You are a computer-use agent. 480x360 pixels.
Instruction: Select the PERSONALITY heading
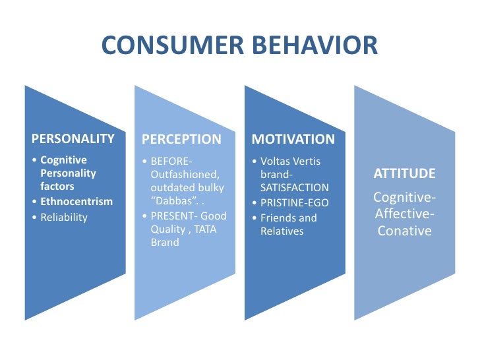[73, 139]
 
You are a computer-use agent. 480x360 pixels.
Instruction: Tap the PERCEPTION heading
[182, 139]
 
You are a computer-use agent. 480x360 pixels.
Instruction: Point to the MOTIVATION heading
[293, 139]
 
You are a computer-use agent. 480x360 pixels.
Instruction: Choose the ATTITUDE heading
[404, 174]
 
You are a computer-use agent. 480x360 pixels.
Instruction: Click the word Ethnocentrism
[76, 202]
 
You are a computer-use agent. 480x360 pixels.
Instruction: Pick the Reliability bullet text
[64, 218]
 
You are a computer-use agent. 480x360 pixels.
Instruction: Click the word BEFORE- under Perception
[172, 160]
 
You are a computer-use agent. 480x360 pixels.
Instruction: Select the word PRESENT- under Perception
[174, 216]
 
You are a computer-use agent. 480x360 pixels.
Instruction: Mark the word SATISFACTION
[294, 188]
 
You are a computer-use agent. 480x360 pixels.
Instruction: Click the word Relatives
[282, 231]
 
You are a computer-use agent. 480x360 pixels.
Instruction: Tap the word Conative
[404, 231]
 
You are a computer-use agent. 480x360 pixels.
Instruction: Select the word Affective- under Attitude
[404, 214]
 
